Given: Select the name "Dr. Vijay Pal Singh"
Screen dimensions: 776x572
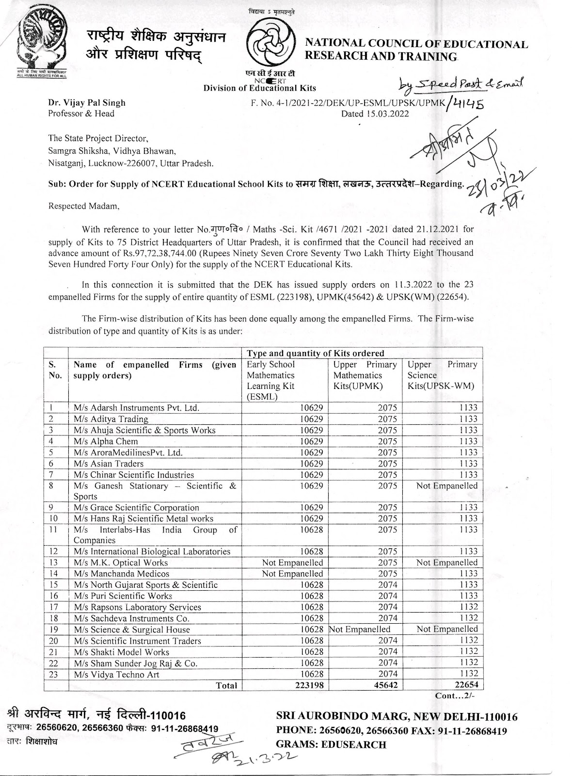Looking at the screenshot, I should (x=87, y=102).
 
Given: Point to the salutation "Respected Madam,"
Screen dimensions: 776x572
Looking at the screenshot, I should (x=83, y=206).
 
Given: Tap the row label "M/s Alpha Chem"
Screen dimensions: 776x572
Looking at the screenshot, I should (x=106, y=441).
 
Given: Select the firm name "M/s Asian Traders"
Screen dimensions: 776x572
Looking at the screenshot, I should (x=109, y=464).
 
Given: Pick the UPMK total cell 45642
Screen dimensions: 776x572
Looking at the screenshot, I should (x=383, y=685).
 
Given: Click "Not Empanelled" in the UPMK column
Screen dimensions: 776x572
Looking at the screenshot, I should (x=360, y=630).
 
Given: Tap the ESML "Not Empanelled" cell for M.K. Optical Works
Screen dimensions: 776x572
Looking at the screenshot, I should (x=292, y=563).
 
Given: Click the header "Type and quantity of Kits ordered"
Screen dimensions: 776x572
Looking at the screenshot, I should (x=316, y=353).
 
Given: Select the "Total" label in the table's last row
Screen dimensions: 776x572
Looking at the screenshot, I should (x=227, y=685).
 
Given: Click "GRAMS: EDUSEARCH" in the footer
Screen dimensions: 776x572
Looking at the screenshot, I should (x=331, y=744).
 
